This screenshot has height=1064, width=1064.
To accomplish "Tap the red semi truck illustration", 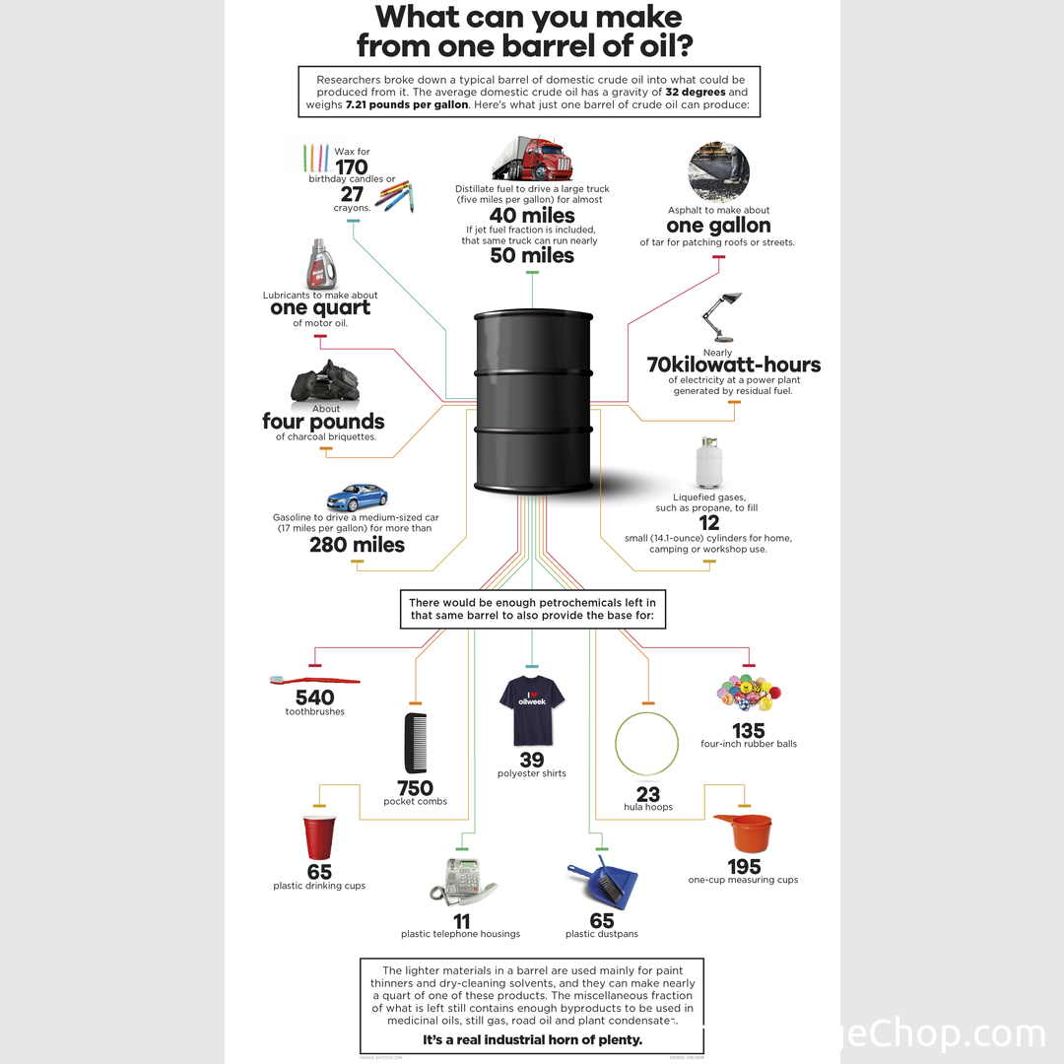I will click(x=533, y=158).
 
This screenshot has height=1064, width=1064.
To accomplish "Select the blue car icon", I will click(x=357, y=497).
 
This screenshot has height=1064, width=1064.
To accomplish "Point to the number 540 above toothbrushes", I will click(x=314, y=698).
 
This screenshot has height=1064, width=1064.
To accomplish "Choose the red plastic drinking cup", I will click(x=319, y=837).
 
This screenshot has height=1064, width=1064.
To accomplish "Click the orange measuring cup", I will click(x=744, y=833).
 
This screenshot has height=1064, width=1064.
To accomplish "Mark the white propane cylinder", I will click(x=708, y=462).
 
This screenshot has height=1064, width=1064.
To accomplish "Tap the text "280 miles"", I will click(x=357, y=544).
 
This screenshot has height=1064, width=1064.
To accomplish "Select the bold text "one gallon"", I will click(x=718, y=226).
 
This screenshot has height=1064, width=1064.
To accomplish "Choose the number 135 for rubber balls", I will click(x=748, y=730).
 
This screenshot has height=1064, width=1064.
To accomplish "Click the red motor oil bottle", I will click(x=320, y=262).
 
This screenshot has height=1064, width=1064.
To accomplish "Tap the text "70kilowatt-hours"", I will click(x=734, y=365).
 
